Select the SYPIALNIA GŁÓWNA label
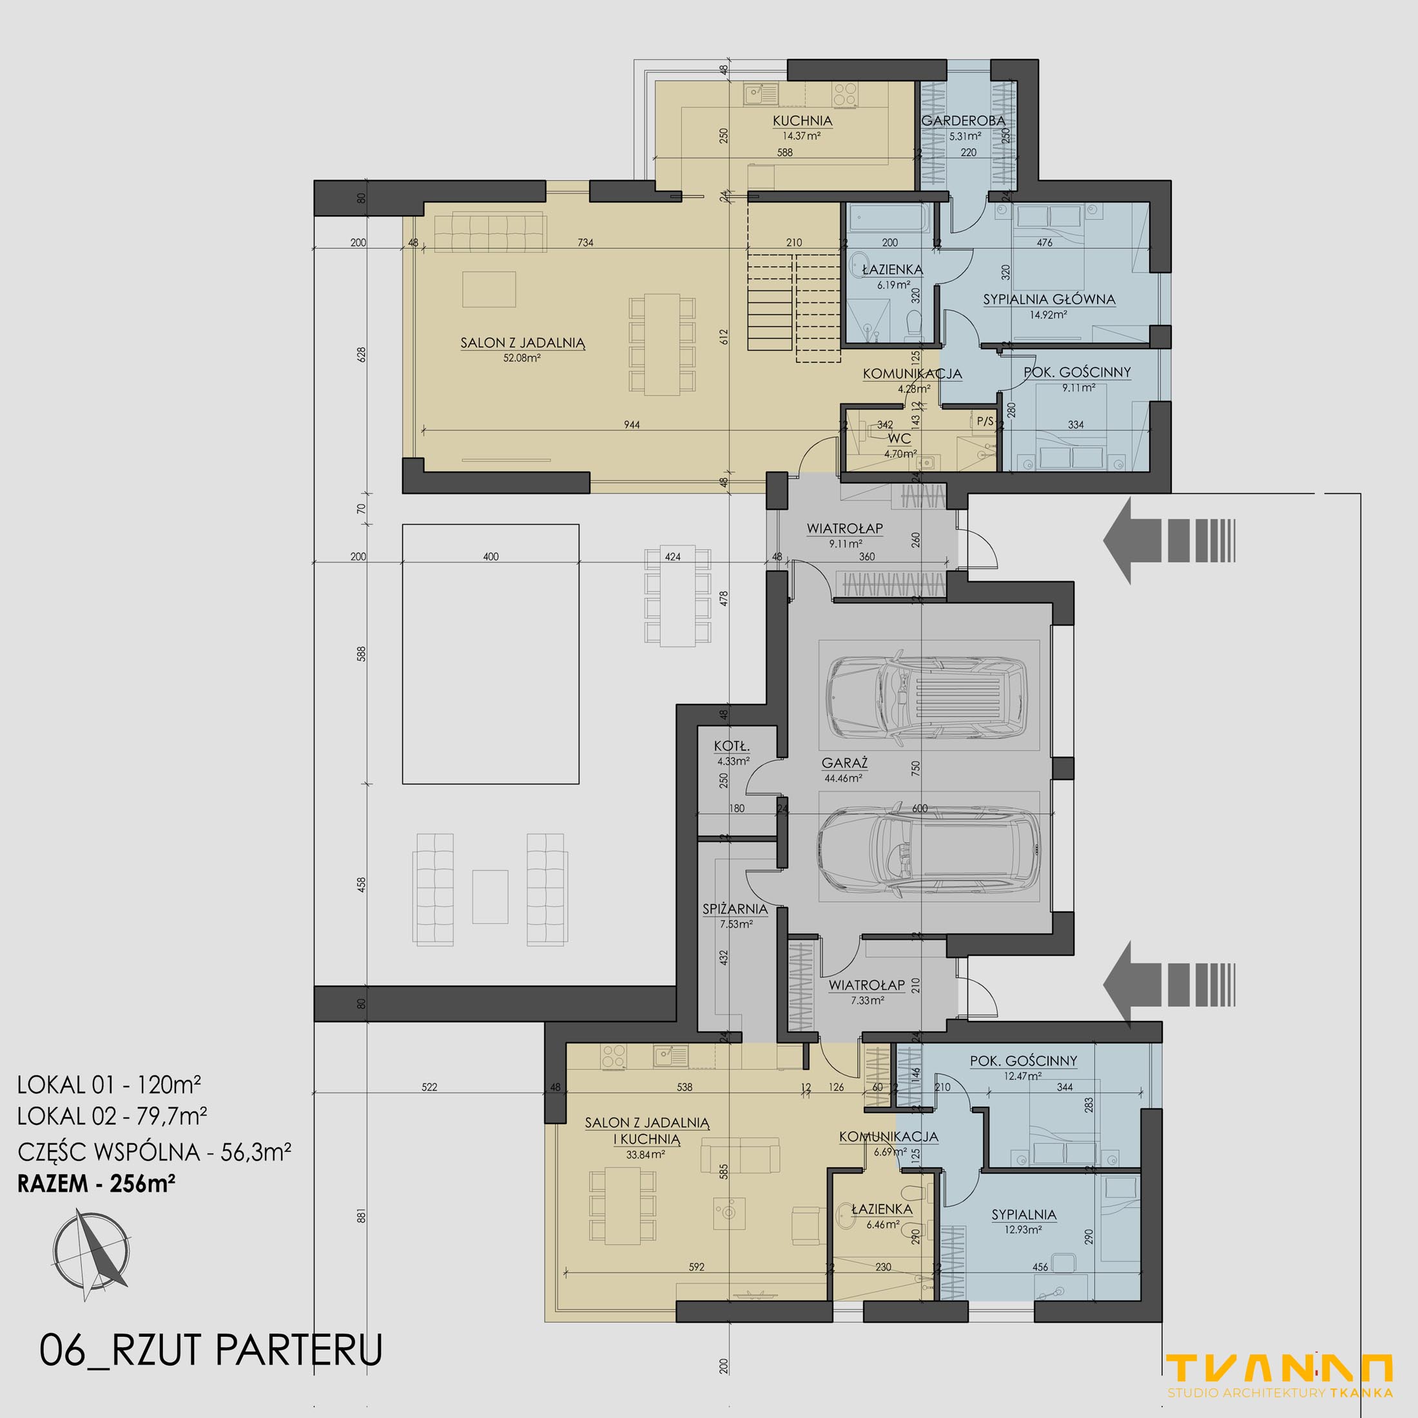(1049, 300)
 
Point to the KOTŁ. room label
(732, 746)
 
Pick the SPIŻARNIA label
(735, 909)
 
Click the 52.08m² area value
(522, 358)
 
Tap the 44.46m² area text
(842, 778)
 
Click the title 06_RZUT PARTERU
(211, 1349)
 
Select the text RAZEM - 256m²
(96, 1184)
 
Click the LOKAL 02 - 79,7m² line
(112, 1116)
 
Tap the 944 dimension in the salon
(631, 424)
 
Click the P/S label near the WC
(985, 422)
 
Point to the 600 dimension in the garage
(920, 808)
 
